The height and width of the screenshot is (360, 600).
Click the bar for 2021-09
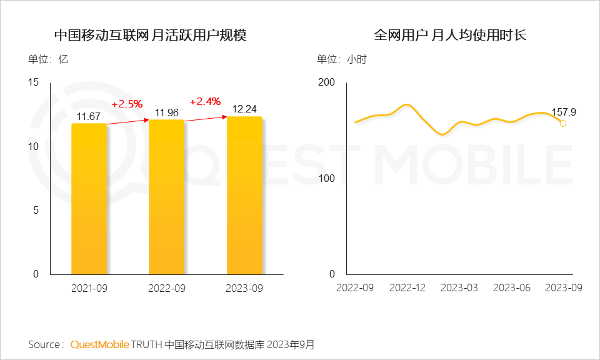89,199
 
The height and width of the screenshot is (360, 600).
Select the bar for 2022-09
166,197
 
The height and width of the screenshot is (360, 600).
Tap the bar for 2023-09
244,195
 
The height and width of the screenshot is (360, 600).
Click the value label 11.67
89,116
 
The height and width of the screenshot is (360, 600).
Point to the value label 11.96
167,112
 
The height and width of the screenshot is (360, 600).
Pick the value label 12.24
244,109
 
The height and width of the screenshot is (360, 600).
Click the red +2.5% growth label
127,104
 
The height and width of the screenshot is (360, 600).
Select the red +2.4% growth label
204,101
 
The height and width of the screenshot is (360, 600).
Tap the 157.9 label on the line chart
563,112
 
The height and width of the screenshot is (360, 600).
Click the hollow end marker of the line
563,124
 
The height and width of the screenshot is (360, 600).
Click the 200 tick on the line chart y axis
327,82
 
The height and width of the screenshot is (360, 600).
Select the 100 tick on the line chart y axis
327,178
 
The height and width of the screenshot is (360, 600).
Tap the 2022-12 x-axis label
407,287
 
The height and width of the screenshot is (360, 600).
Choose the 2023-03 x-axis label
459,287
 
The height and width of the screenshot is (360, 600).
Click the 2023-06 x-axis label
511,287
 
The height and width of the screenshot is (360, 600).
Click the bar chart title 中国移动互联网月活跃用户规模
151,35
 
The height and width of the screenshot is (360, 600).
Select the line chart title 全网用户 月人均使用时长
450,35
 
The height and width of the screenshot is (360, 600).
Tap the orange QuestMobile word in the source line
99,344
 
